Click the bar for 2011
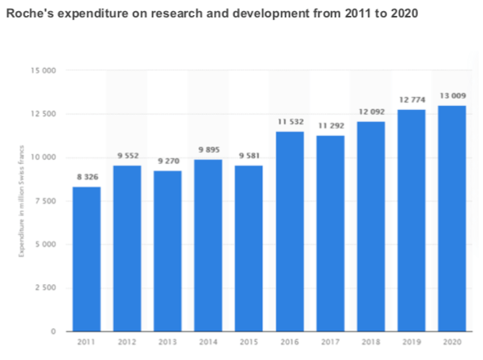[86, 259]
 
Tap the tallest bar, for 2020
[451, 218]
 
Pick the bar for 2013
[167, 251]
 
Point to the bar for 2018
[371, 226]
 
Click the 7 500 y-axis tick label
[47, 201]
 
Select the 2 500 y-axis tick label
[47, 287]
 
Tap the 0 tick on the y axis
[54, 331]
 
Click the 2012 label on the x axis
[127, 343]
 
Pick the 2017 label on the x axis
[329, 343]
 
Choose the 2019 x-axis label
[411, 343]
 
